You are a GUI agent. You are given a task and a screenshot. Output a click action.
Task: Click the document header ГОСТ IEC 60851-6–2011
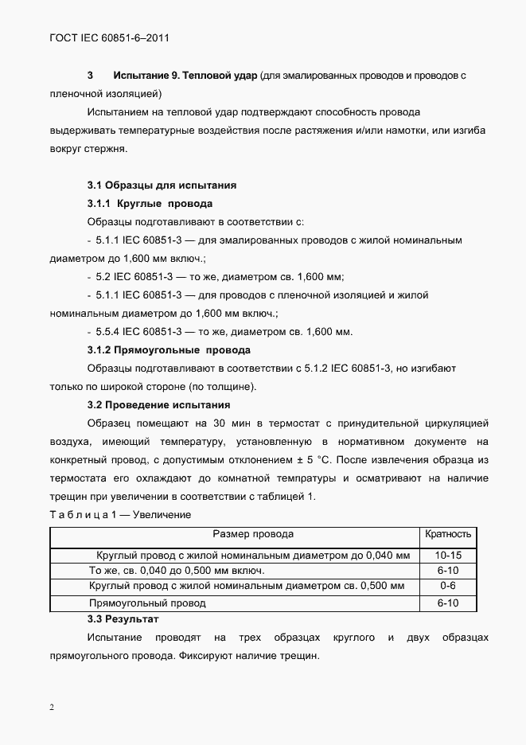coord(111,37)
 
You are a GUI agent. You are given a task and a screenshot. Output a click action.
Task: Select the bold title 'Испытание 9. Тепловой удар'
coord(185,76)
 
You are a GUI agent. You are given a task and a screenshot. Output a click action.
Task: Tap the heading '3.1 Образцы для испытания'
coord(162,185)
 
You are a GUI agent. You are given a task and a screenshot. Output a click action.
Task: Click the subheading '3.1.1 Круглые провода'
coord(150,203)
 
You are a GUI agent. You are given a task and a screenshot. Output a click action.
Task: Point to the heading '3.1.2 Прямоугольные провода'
coord(169,349)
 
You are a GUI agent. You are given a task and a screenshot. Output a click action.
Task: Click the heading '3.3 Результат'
coord(123,618)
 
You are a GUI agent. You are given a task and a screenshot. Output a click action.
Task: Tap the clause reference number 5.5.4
coord(108,332)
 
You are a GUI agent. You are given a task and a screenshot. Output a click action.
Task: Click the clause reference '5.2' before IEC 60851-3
coord(103,277)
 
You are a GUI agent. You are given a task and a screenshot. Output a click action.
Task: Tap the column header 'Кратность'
coord(449,534)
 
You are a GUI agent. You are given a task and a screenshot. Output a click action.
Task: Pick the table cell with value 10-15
coord(449,555)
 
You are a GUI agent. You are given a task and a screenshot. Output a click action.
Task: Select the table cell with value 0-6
coord(449,587)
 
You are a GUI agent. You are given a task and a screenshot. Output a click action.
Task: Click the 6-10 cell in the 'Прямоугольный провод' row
coord(449,603)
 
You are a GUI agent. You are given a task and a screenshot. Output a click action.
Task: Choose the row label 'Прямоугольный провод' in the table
coord(147,603)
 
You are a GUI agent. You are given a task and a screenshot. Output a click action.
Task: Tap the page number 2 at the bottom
coord(52,708)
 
